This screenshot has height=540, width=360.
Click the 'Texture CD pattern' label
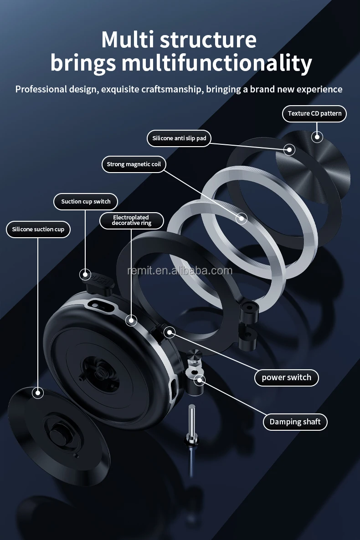[314, 113]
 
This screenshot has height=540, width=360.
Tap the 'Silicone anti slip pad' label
[179, 138]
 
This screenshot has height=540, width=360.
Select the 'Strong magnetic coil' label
[134, 164]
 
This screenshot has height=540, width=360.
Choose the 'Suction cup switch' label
[86, 201]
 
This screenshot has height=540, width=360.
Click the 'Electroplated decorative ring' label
[131, 220]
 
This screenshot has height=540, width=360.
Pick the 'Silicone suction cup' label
[38, 229]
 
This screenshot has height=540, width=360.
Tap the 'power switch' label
[286, 377]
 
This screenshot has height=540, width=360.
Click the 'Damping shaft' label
[295, 422]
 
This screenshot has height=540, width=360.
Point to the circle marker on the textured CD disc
[317, 137]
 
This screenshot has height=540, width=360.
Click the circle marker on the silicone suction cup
[37, 392]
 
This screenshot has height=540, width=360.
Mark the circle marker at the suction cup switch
[85, 274]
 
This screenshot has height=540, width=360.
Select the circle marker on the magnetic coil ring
[241, 218]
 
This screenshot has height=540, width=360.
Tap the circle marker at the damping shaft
[199, 379]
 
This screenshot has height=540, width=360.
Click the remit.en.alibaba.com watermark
[180, 271]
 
